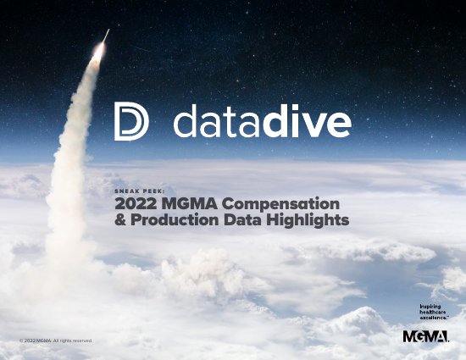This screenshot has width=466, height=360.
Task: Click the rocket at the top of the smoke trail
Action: (x=106, y=36)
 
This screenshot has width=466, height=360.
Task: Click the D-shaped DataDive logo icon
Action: (x=131, y=124)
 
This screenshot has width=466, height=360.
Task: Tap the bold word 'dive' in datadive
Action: (x=306, y=124)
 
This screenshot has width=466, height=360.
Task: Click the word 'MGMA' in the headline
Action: (x=183, y=205)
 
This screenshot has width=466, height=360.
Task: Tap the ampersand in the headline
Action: (x=119, y=220)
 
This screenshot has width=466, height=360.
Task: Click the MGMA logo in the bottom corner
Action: (x=425, y=338)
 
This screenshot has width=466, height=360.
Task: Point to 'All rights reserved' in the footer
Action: (x=74, y=341)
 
